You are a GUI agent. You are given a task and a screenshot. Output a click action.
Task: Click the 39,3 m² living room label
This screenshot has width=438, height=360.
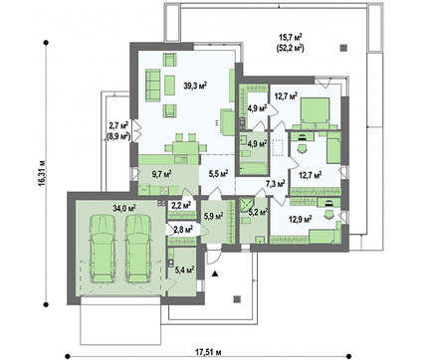(x=195, y=86)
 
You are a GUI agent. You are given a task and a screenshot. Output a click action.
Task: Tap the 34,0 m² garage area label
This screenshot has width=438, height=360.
(x=124, y=208)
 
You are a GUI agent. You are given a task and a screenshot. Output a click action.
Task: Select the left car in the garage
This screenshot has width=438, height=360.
(x=103, y=249)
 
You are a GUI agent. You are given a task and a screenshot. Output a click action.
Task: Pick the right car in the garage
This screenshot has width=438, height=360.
(x=138, y=249)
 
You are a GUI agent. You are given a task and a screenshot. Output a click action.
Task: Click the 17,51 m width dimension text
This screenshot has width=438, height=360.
(x=208, y=351)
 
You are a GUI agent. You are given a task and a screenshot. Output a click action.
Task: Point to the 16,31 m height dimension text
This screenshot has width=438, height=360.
(x=42, y=174)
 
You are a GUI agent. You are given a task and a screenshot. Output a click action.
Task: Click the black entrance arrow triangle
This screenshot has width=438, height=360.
(x=215, y=273)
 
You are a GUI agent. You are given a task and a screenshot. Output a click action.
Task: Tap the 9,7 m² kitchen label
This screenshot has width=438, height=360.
(x=161, y=173)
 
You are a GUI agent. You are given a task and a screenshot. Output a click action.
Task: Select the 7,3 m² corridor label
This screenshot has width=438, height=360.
(x=276, y=183)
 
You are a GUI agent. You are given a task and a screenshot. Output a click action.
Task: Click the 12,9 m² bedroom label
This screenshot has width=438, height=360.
(x=300, y=219)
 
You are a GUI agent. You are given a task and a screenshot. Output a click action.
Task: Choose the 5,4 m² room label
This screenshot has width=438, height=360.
(x=184, y=270)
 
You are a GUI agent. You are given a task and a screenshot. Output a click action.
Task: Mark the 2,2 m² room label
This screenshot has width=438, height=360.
(x=181, y=205)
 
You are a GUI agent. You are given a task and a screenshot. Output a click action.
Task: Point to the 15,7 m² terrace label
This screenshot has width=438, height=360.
(x=290, y=37)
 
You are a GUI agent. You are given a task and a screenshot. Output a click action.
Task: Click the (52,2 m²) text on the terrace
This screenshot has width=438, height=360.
(x=290, y=49)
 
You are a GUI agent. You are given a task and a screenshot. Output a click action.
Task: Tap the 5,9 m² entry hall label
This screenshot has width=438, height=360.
(x=213, y=216)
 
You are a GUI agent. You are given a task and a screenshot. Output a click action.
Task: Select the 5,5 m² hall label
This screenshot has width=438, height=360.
(x=218, y=173)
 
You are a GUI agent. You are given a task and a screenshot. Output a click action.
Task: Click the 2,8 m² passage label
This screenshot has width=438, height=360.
(x=183, y=229)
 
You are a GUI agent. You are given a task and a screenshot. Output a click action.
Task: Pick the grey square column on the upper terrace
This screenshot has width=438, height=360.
(x=343, y=48)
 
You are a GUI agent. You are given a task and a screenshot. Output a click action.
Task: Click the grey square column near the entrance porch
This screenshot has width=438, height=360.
(x=237, y=299)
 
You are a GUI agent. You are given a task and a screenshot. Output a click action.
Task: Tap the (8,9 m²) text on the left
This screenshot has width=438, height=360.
(x=118, y=136)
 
